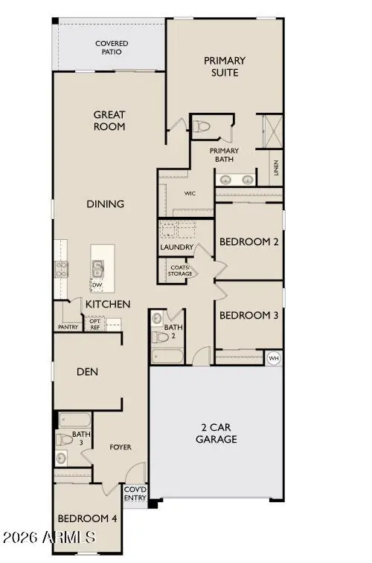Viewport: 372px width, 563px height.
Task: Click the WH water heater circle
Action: tap(274, 358)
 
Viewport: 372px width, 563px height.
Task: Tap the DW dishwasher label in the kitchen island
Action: tap(97, 285)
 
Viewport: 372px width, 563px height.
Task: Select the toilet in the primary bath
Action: tap(202, 126)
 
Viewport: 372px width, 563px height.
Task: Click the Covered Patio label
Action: tap(112, 48)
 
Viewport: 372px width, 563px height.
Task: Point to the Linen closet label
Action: tap(276, 168)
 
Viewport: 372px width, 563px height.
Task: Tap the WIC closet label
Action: tap(190, 194)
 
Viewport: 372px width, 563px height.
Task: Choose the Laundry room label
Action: tap(176, 247)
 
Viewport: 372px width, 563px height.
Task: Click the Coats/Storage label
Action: tap(180, 270)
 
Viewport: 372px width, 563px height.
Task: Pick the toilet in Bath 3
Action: tap(64, 439)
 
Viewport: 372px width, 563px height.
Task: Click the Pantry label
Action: tap(68, 327)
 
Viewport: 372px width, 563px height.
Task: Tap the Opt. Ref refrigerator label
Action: tap(95, 325)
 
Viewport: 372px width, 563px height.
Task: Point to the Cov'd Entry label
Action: tap(135, 494)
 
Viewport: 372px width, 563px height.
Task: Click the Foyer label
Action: tap(121, 447)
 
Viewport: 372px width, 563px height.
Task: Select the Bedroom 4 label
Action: tap(88, 518)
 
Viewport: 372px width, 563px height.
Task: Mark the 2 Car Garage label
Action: tap(217, 433)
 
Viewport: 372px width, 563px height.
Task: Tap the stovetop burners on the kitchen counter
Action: tap(61, 270)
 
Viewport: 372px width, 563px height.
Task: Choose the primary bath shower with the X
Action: tap(273, 131)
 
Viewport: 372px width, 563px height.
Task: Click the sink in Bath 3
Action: tap(61, 458)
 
